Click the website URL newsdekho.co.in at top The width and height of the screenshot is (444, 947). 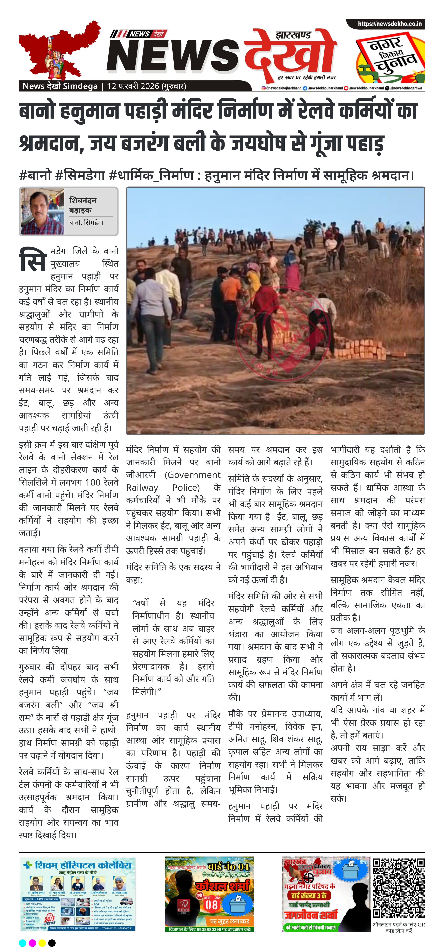pos(390,24)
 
